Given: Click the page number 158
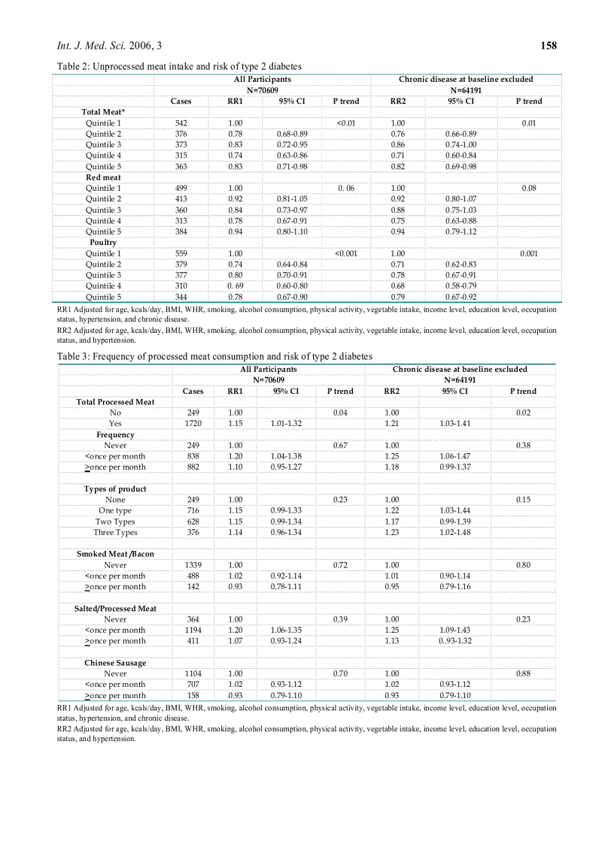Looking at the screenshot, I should point(549,46).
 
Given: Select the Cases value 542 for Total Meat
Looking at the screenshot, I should point(181,123).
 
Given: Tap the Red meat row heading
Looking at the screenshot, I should point(103,177).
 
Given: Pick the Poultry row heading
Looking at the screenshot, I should point(103,243).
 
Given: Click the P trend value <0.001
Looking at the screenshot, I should point(346,253).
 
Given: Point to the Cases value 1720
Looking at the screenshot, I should point(193,424).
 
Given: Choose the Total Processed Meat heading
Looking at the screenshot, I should point(115,402).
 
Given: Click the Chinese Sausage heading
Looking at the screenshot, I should point(115,663).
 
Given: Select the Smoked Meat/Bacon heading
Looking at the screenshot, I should point(115,554).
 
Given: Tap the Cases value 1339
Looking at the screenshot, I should point(193,565).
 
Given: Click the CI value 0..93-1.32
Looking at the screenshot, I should point(454,641).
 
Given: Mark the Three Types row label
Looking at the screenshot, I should point(115,533).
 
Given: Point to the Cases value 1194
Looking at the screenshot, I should point(193,630).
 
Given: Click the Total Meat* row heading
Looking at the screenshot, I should point(103,112).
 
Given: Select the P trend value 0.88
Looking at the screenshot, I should point(523,673).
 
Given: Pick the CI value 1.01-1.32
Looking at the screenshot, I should point(285,424).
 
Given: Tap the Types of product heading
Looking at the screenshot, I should point(115,489).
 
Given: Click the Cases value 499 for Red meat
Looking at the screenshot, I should point(181,188).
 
